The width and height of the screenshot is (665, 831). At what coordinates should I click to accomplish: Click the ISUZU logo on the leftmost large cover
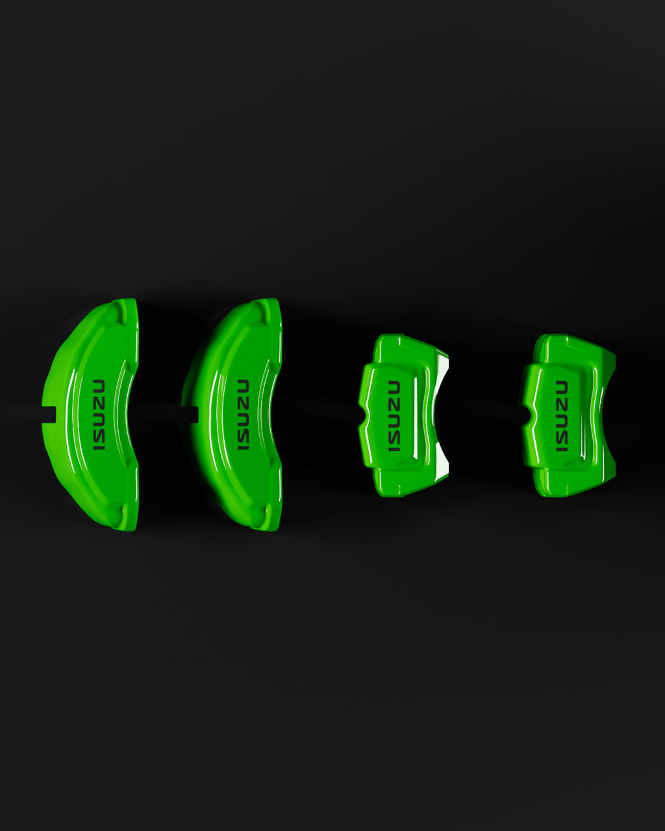click(x=99, y=415)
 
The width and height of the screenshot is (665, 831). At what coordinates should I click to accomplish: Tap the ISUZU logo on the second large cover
click(x=243, y=415)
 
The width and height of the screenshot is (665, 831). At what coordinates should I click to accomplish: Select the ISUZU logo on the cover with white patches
click(x=394, y=416)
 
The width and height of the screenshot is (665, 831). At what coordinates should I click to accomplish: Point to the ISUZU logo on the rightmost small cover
click(x=562, y=416)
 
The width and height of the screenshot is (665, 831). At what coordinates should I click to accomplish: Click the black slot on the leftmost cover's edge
click(x=49, y=415)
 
